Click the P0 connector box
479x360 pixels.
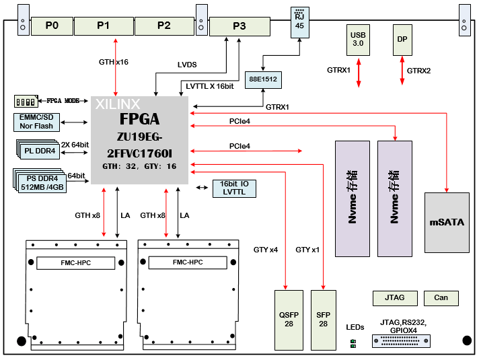point(52,26)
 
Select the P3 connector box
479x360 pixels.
point(239,26)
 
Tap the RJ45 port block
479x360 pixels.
point(299,22)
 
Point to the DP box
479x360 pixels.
point(402,40)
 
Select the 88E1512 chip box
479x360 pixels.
point(262,79)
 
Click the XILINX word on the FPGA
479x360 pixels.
point(118,104)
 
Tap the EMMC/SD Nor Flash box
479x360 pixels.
point(37,122)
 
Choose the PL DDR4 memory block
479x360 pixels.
point(38,149)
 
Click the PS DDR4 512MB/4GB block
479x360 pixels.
point(39,182)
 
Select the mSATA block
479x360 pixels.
point(447,223)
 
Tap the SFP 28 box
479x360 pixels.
point(324,320)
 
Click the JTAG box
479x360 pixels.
point(394,297)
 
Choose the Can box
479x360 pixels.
point(441,297)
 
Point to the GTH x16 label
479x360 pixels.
point(113,62)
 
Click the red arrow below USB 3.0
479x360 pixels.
point(359,71)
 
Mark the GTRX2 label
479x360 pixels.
point(419,71)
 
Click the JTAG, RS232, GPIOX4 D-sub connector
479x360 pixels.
point(401,342)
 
